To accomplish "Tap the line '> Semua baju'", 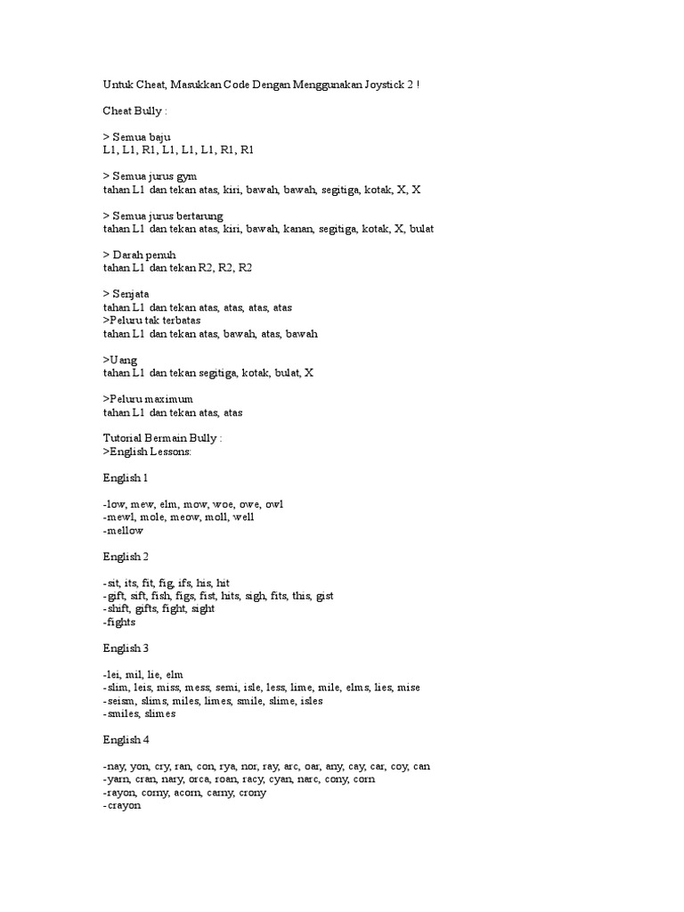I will coord(137,136).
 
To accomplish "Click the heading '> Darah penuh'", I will coord(139,255).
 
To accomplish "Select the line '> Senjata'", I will coord(126,294).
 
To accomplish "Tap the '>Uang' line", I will coord(121,360).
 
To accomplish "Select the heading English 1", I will coord(126,478).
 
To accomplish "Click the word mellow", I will coord(124,530).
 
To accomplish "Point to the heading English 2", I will coord(126,557).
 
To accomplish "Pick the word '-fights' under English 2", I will coord(120,623).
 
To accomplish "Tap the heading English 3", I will coord(126,648).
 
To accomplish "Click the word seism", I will coord(122,701).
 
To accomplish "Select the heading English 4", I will coord(126,740).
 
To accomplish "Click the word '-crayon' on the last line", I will coord(122,805).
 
